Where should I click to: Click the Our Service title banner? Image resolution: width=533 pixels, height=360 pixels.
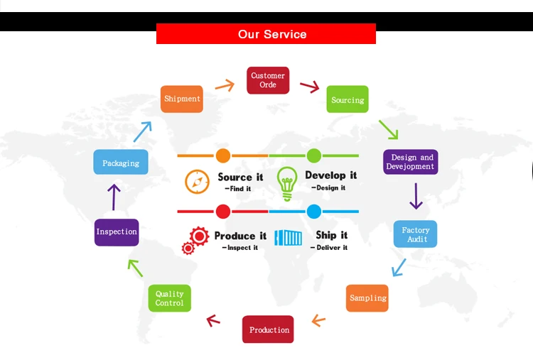(266, 34)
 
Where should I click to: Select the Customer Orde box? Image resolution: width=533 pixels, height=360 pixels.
(268, 80)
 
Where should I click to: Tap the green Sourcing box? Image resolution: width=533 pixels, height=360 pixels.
(348, 100)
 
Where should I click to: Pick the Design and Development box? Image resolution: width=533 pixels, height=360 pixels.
(410, 162)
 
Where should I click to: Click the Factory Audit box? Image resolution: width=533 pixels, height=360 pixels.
(416, 234)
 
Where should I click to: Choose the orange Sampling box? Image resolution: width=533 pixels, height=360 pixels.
(367, 298)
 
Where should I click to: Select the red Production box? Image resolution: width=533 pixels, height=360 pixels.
(268, 329)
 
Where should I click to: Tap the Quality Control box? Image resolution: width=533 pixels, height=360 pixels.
(169, 298)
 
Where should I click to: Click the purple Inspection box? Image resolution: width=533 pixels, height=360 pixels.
(117, 232)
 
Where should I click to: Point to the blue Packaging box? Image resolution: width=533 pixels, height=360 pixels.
(121, 163)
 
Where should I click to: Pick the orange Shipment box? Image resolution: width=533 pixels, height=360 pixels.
(182, 99)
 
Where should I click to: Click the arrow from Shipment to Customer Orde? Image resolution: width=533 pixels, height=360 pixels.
(225, 85)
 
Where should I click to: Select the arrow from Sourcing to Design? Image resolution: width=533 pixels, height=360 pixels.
(388, 129)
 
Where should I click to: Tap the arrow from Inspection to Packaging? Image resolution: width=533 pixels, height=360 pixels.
(114, 197)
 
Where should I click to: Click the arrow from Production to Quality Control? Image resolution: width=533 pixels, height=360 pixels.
(213, 320)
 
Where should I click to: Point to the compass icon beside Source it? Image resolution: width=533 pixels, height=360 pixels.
(197, 181)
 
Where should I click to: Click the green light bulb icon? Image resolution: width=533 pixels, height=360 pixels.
(287, 182)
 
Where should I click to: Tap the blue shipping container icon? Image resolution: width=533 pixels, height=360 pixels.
(289, 238)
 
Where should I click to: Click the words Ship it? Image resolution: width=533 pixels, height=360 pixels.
(331, 235)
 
